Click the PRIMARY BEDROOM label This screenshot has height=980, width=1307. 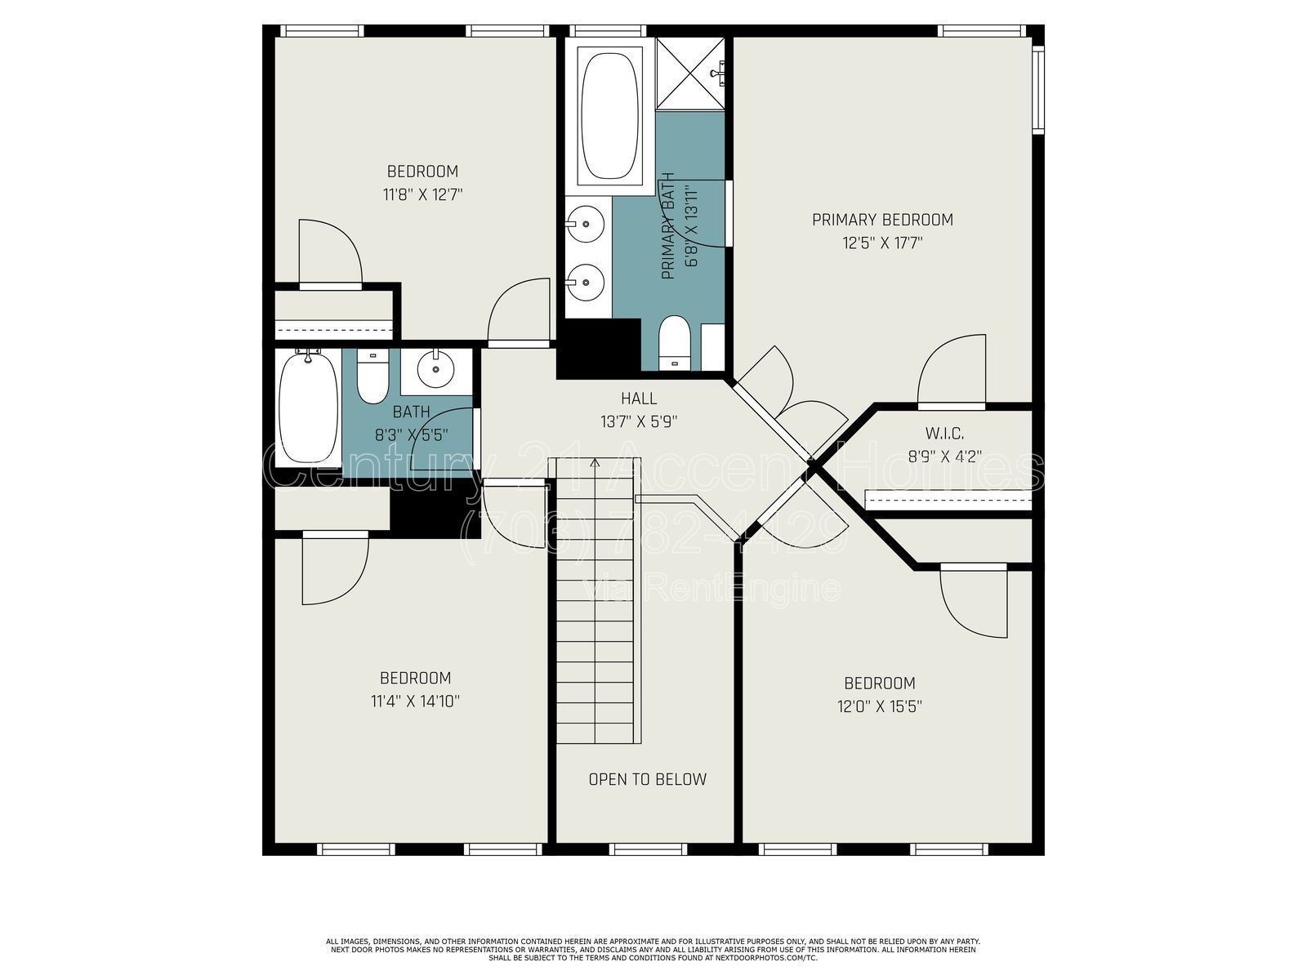click(x=882, y=220)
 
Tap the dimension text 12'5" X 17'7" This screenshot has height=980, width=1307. click(x=882, y=243)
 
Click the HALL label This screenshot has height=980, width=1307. click(x=639, y=399)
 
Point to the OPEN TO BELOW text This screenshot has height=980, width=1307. click(x=647, y=779)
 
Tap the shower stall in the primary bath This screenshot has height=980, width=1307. click(x=690, y=74)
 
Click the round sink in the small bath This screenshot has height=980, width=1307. click(x=436, y=370)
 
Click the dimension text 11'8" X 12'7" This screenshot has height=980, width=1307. click(x=422, y=194)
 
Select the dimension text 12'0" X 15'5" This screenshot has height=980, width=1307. click(x=880, y=706)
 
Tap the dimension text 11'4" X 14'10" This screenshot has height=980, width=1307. click(x=415, y=701)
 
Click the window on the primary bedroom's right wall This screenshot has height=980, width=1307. click(x=1037, y=90)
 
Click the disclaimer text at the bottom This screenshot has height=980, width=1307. click(x=653, y=949)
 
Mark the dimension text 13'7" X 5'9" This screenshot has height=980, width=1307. click(x=639, y=421)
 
